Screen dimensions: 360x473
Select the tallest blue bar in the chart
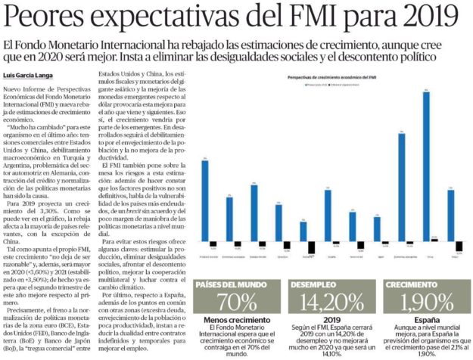tap(426, 166)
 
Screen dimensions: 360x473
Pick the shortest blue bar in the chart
tap(303, 231)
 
